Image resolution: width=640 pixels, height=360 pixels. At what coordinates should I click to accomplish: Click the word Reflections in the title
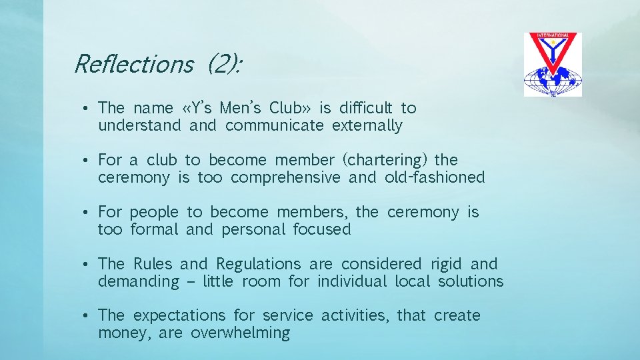133,64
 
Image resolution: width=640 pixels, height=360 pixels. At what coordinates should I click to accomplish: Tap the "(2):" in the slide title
224,64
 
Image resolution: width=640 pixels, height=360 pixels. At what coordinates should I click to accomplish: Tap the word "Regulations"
259,264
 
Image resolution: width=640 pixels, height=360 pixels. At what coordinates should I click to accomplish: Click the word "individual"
352,281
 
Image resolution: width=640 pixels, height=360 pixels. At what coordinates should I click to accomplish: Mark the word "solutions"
471,281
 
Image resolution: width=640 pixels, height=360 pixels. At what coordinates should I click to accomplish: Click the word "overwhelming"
240,333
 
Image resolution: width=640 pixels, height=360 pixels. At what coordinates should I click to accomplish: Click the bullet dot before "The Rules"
88,265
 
